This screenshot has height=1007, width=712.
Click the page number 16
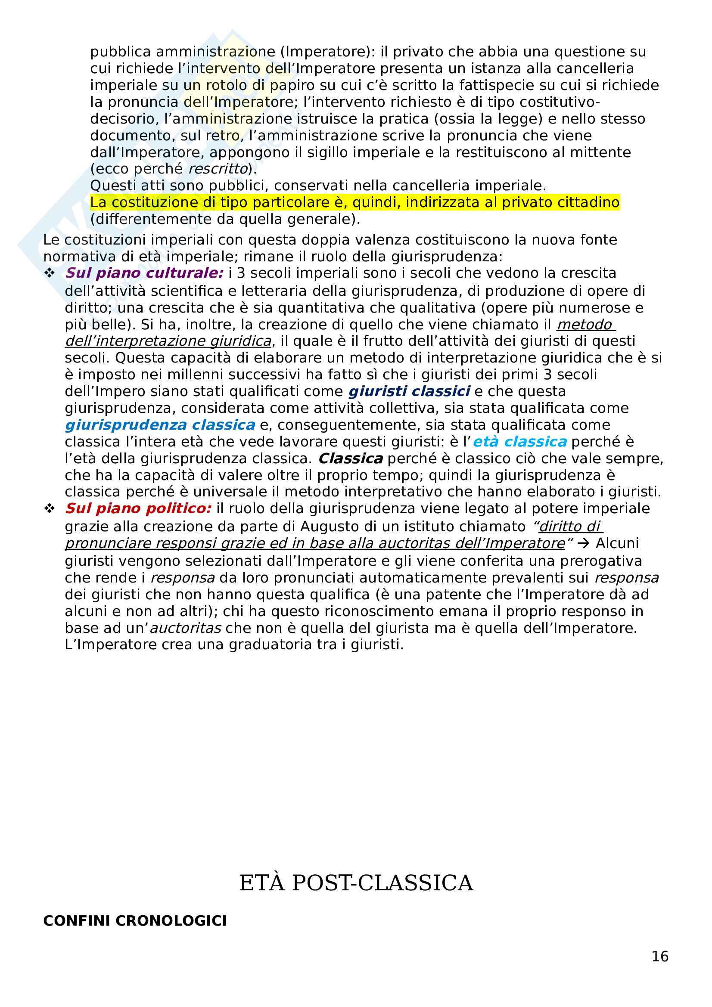(660, 956)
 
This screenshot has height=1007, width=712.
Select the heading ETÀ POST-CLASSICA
(356, 883)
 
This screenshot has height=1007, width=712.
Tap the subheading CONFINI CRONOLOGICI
(135, 920)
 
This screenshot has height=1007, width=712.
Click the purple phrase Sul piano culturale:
(144, 273)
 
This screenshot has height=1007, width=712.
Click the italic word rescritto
(218, 168)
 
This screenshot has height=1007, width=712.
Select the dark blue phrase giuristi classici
(409, 391)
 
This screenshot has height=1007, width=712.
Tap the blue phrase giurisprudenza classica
(160, 425)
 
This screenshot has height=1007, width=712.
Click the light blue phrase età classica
(520, 442)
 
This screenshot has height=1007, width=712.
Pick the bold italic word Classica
(351, 459)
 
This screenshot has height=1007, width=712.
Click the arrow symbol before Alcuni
(584, 543)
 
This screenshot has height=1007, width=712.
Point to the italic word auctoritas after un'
(186, 628)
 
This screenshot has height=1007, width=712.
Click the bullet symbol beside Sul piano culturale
(49, 273)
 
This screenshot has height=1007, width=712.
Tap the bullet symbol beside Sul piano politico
(49, 509)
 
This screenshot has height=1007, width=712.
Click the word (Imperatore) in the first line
(326, 52)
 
